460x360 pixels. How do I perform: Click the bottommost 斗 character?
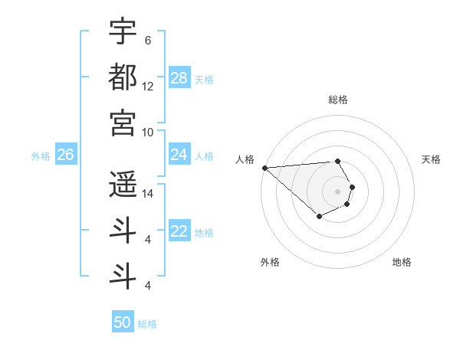point(123,276)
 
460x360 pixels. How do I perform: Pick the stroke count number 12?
point(148,86)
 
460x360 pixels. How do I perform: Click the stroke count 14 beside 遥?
point(148,194)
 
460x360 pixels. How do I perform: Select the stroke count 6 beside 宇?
point(148,40)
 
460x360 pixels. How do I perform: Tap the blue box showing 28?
point(179,78)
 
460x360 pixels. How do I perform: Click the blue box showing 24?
point(179,155)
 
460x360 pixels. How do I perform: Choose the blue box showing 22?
point(179,232)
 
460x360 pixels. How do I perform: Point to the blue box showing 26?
point(65,155)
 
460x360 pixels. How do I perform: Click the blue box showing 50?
point(123,322)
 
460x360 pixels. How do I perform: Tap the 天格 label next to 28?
point(204,79)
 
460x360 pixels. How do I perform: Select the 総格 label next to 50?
point(147,324)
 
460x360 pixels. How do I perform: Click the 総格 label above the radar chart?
point(338,100)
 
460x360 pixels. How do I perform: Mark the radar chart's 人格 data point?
point(264,168)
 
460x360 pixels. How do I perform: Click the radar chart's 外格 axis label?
point(270,262)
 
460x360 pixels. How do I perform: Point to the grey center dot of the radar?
point(337,191)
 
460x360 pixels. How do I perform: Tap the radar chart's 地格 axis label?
point(402,262)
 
